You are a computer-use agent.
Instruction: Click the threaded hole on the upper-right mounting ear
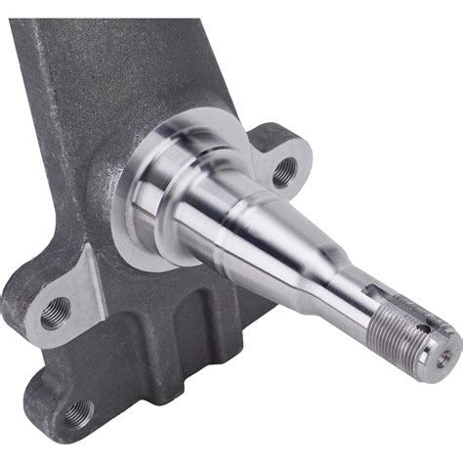[x=282, y=172]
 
